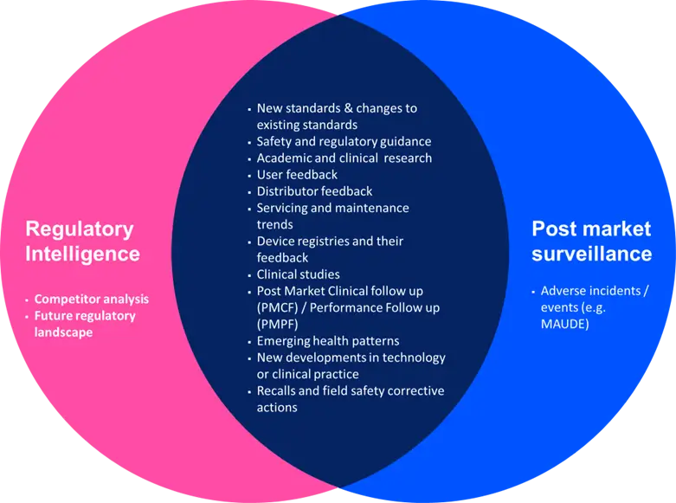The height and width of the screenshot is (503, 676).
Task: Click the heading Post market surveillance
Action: click(591, 242)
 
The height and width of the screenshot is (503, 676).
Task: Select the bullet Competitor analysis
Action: click(92, 299)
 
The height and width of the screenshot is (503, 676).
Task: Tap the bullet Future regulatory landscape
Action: click(85, 324)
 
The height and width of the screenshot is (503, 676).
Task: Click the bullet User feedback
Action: click(297, 175)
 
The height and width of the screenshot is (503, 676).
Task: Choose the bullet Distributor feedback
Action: click(314, 191)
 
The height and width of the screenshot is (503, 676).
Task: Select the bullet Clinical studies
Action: click(298, 274)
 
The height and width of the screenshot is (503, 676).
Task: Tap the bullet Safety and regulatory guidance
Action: click(344, 141)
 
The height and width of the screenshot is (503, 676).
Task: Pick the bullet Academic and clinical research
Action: click(344, 158)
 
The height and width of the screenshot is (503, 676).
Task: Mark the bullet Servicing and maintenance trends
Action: click(332, 216)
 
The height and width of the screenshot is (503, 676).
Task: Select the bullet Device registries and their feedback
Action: click(330, 249)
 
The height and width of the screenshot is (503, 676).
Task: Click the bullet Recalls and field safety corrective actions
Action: click(350, 399)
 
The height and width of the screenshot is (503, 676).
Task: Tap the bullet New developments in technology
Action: click(351, 358)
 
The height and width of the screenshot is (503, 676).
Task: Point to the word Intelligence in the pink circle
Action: click(82, 254)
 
